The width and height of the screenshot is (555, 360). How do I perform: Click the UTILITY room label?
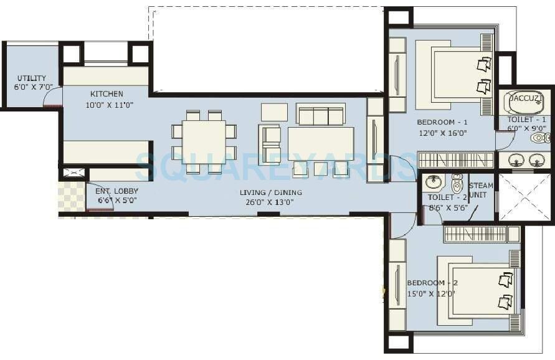tap(31, 78)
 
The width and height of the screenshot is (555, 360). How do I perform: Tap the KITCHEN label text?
tap(107, 94)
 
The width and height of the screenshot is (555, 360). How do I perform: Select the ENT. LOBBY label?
tap(116, 191)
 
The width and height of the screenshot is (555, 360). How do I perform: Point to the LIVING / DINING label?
tap(270, 192)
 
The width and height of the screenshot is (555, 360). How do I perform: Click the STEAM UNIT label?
tap(480, 190)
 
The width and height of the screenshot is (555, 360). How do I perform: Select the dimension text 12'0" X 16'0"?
tap(443, 133)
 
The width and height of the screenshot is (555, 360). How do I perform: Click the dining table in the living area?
tap(204, 142)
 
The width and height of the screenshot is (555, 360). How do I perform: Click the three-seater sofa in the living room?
tap(320, 115)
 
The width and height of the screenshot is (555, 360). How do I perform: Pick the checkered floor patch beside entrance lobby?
tap(71, 196)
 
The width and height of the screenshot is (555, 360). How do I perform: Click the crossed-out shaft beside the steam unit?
tap(524, 197)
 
